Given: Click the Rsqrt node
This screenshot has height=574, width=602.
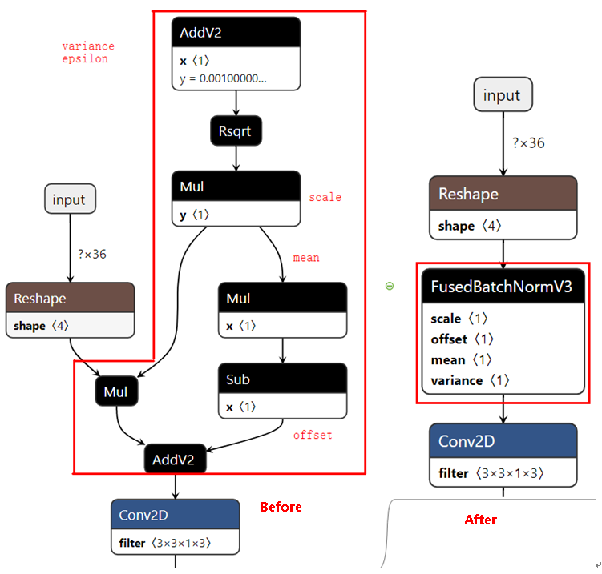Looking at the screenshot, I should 236,131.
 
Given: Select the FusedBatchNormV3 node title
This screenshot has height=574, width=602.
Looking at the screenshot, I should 503,287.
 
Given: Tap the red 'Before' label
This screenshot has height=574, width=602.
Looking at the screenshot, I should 281,507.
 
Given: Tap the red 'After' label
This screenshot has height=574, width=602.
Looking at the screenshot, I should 480,520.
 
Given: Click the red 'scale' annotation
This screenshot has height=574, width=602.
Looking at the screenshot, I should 325,197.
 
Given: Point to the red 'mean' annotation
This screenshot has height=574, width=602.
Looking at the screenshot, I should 306,258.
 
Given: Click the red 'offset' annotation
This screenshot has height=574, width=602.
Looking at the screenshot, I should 312,435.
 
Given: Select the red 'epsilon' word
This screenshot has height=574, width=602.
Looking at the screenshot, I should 85,58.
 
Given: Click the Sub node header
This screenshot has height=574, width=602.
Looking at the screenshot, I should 282,379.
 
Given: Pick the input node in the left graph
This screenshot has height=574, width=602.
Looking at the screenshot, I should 69,199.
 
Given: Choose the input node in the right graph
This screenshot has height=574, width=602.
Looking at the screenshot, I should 503,95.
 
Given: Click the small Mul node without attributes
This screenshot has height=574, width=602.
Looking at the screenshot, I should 116,391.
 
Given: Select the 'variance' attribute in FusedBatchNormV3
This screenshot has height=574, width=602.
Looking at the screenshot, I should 470,380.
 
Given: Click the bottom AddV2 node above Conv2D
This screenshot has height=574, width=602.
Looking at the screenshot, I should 175,460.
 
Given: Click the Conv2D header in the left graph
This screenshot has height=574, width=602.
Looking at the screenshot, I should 175,515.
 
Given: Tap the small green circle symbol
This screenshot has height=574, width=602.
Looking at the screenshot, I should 390,286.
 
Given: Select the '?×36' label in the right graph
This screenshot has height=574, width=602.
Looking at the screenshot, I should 528,143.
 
